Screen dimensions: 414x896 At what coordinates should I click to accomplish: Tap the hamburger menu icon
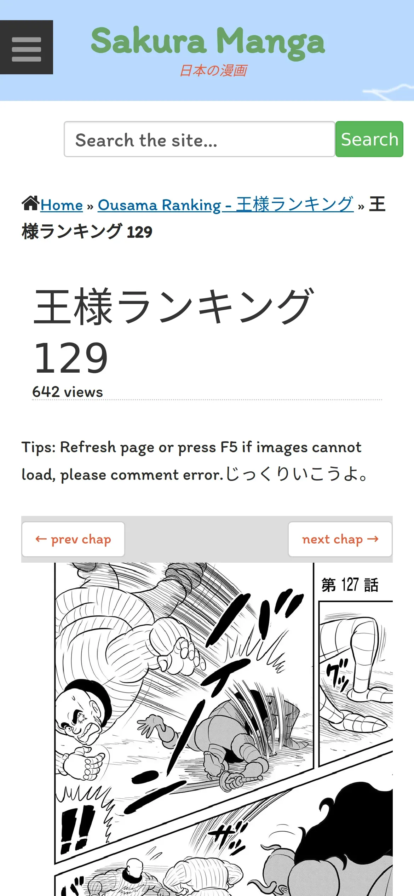[27, 47]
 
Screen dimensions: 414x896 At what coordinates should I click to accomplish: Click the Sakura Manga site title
[208, 42]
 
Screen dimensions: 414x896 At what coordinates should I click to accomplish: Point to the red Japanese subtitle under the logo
[213, 70]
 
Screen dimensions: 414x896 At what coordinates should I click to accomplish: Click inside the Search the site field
[200, 139]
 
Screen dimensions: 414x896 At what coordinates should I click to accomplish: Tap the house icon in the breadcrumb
[30, 203]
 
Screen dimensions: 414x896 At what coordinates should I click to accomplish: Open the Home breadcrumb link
[62, 205]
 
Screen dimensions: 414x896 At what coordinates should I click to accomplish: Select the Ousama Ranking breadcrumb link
[226, 205]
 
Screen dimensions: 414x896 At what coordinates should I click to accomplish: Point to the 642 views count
[68, 392]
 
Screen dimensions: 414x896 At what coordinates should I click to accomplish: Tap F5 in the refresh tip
[229, 447]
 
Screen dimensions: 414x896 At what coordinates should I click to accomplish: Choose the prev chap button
[73, 539]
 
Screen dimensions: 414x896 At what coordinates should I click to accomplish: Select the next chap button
[340, 539]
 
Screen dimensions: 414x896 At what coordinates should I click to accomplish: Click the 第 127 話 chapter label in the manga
[350, 585]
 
